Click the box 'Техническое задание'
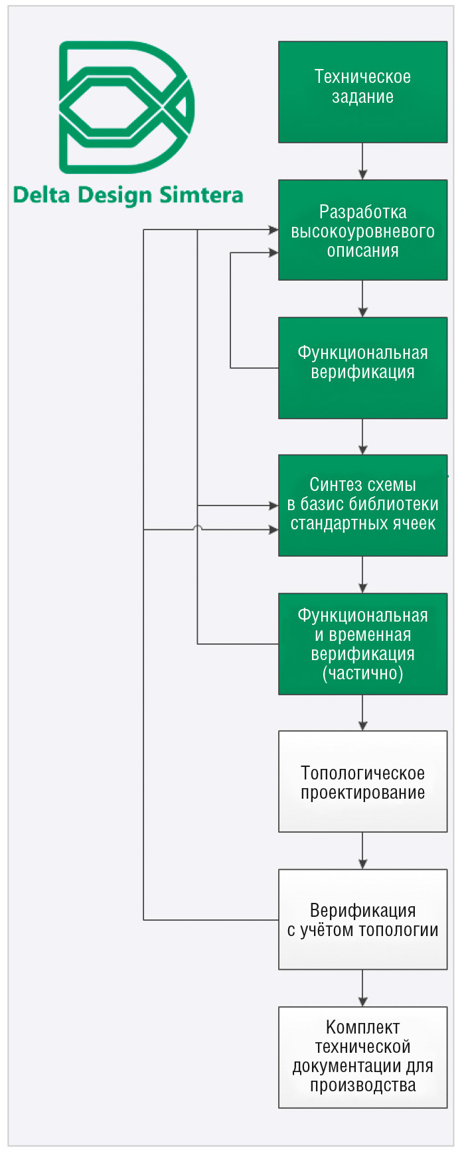pos(362,92)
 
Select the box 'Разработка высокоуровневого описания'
pos(362,230)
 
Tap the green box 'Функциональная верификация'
pos(362,368)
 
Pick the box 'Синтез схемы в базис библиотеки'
pos(362,506)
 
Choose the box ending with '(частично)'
pos(362,644)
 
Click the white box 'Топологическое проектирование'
pos(362,781)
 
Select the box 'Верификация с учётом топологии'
pos(362,919)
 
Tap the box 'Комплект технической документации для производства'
pos(362,1057)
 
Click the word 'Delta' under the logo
pos(42,195)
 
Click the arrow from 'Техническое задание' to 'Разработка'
pos(362,161)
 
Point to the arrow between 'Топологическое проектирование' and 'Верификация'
pos(362,850)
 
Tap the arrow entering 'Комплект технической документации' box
pos(362,988)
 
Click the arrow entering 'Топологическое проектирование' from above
pos(362,712)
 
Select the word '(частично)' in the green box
pos(362,674)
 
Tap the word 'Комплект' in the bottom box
pos(362,1028)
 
